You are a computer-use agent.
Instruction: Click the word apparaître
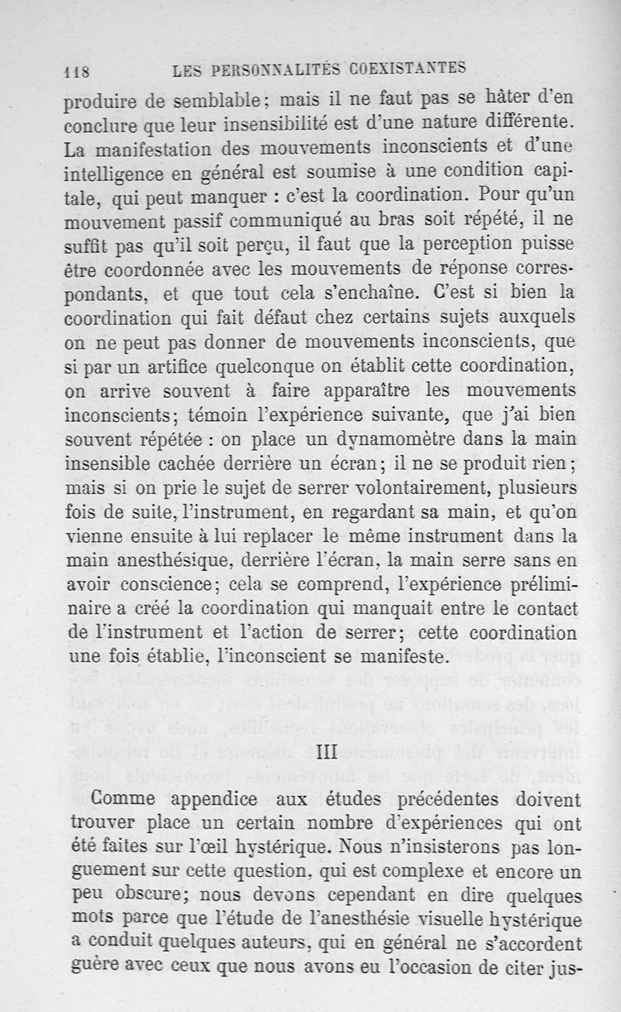pyautogui.click(x=360, y=390)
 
